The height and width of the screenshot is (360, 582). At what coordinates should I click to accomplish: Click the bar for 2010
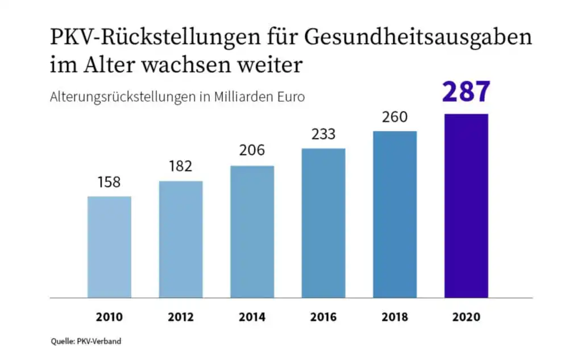(109, 247)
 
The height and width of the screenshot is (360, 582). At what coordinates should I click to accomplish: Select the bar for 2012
(181, 239)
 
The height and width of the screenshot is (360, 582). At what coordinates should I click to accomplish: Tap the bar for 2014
(252, 231)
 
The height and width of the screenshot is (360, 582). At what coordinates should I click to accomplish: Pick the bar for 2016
(323, 223)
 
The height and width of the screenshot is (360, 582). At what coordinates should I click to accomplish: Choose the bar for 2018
(395, 214)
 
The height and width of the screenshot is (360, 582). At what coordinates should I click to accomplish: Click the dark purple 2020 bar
(466, 206)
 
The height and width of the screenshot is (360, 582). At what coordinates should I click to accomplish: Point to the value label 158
(109, 183)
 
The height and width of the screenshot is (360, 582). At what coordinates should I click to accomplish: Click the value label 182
(181, 167)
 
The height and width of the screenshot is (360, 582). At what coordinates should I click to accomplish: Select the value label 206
(252, 151)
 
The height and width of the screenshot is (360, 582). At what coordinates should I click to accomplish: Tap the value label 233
(323, 134)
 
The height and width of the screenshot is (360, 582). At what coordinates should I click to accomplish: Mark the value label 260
(395, 117)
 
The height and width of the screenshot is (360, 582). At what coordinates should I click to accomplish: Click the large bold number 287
(466, 92)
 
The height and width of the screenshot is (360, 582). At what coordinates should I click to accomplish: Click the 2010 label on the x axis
(109, 317)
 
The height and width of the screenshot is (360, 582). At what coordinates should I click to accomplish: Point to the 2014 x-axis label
(252, 317)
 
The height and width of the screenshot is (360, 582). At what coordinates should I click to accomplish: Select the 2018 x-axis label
(395, 317)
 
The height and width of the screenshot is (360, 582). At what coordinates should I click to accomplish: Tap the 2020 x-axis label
(466, 317)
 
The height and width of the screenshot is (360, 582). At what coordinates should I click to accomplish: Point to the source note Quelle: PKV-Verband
(85, 341)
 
